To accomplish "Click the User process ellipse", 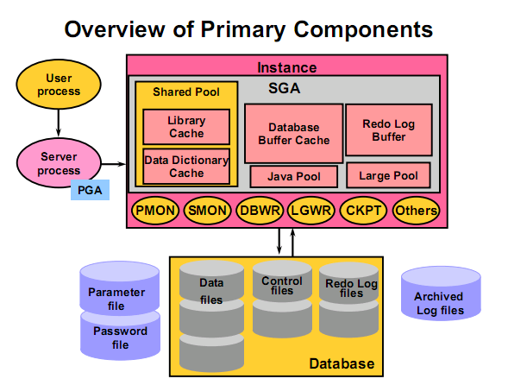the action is point(59,84).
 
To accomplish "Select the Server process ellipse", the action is point(59,163).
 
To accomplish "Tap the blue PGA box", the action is point(90,190).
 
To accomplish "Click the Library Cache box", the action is point(186,127).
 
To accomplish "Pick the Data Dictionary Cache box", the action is point(186,167).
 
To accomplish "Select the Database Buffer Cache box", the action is point(293,133).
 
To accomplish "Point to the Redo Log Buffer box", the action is point(389,129).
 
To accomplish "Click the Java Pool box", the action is point(294,176).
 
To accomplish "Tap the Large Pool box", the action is point(388,175).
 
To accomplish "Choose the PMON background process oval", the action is point(155,211).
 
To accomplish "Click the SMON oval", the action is point(207,211).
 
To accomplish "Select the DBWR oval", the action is point(260,211).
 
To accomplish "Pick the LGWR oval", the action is point(311,211).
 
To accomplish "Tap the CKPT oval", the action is point(363,211).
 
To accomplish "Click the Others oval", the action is point(417,211).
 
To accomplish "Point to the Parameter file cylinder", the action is point(119,288).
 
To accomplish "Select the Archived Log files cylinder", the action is point(441,293).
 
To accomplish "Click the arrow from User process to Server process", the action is point(59,123).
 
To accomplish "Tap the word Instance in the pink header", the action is point(286,67).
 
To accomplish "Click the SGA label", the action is point(284,88).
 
